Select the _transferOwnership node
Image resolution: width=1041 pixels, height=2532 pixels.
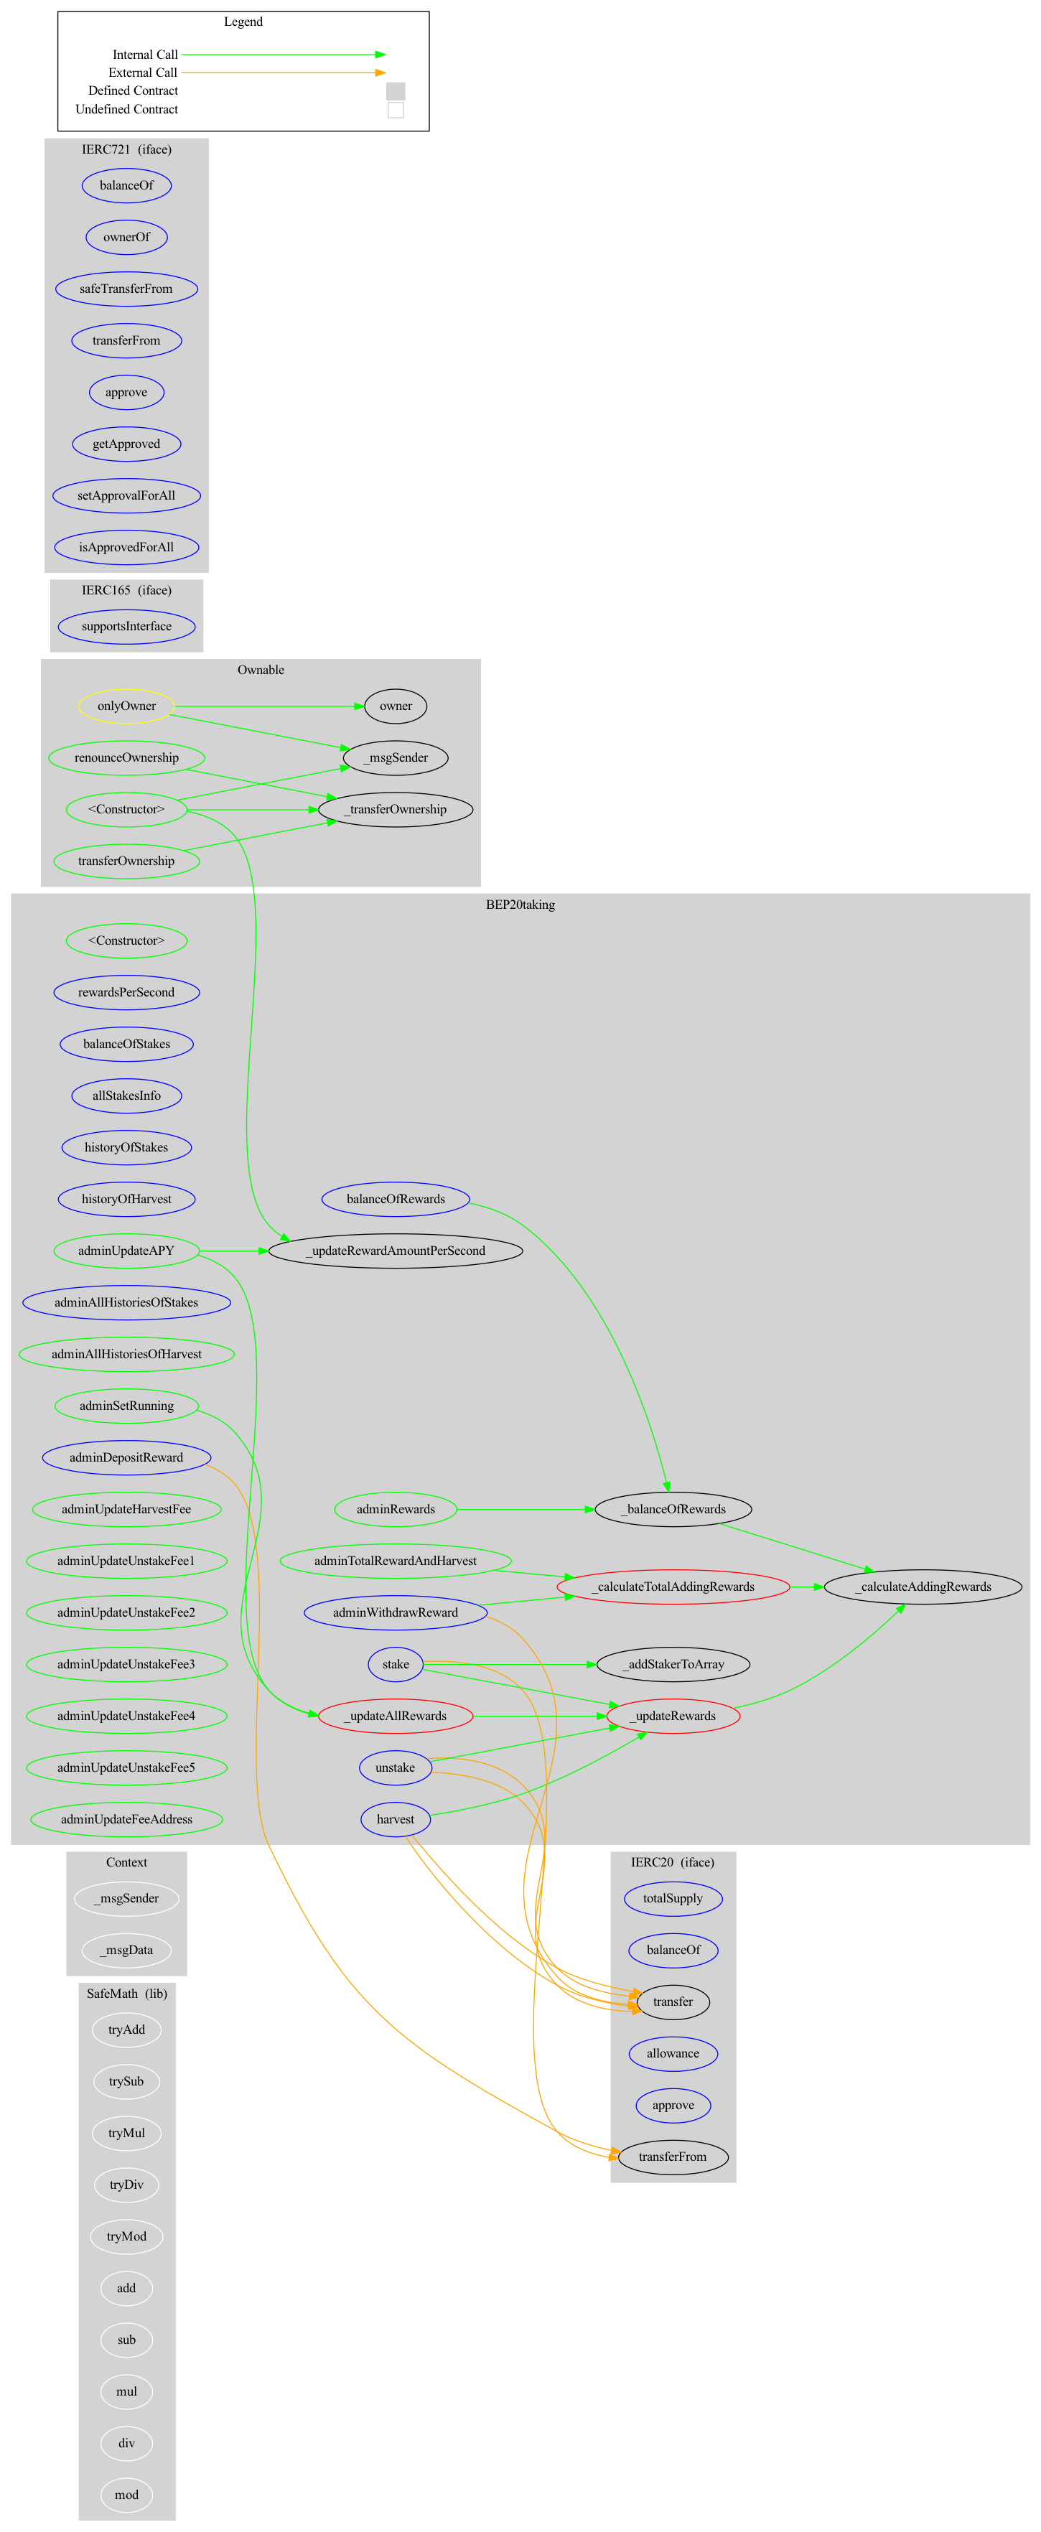click(x=395, y=809)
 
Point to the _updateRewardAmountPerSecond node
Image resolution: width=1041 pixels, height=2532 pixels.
click(x=395, y=1251)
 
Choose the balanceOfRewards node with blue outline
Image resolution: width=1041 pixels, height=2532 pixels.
click(x=395, y=1198)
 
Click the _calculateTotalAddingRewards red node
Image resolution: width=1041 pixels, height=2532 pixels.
click(x=673, y=1587)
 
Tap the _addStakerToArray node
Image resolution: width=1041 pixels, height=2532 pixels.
click(x=673, y=1664)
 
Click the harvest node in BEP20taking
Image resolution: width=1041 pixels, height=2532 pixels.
click(x=395, y=1819)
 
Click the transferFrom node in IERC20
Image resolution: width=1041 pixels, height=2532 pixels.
click(x=673, y=2157)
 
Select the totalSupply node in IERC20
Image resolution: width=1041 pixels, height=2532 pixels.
click(x=673, y=1898)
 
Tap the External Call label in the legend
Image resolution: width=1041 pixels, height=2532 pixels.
click(x=143, y=73)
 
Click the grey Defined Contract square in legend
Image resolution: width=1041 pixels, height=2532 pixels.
click(x=395, y=90)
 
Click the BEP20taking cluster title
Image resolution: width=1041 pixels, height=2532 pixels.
click(x=520, y=905)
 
